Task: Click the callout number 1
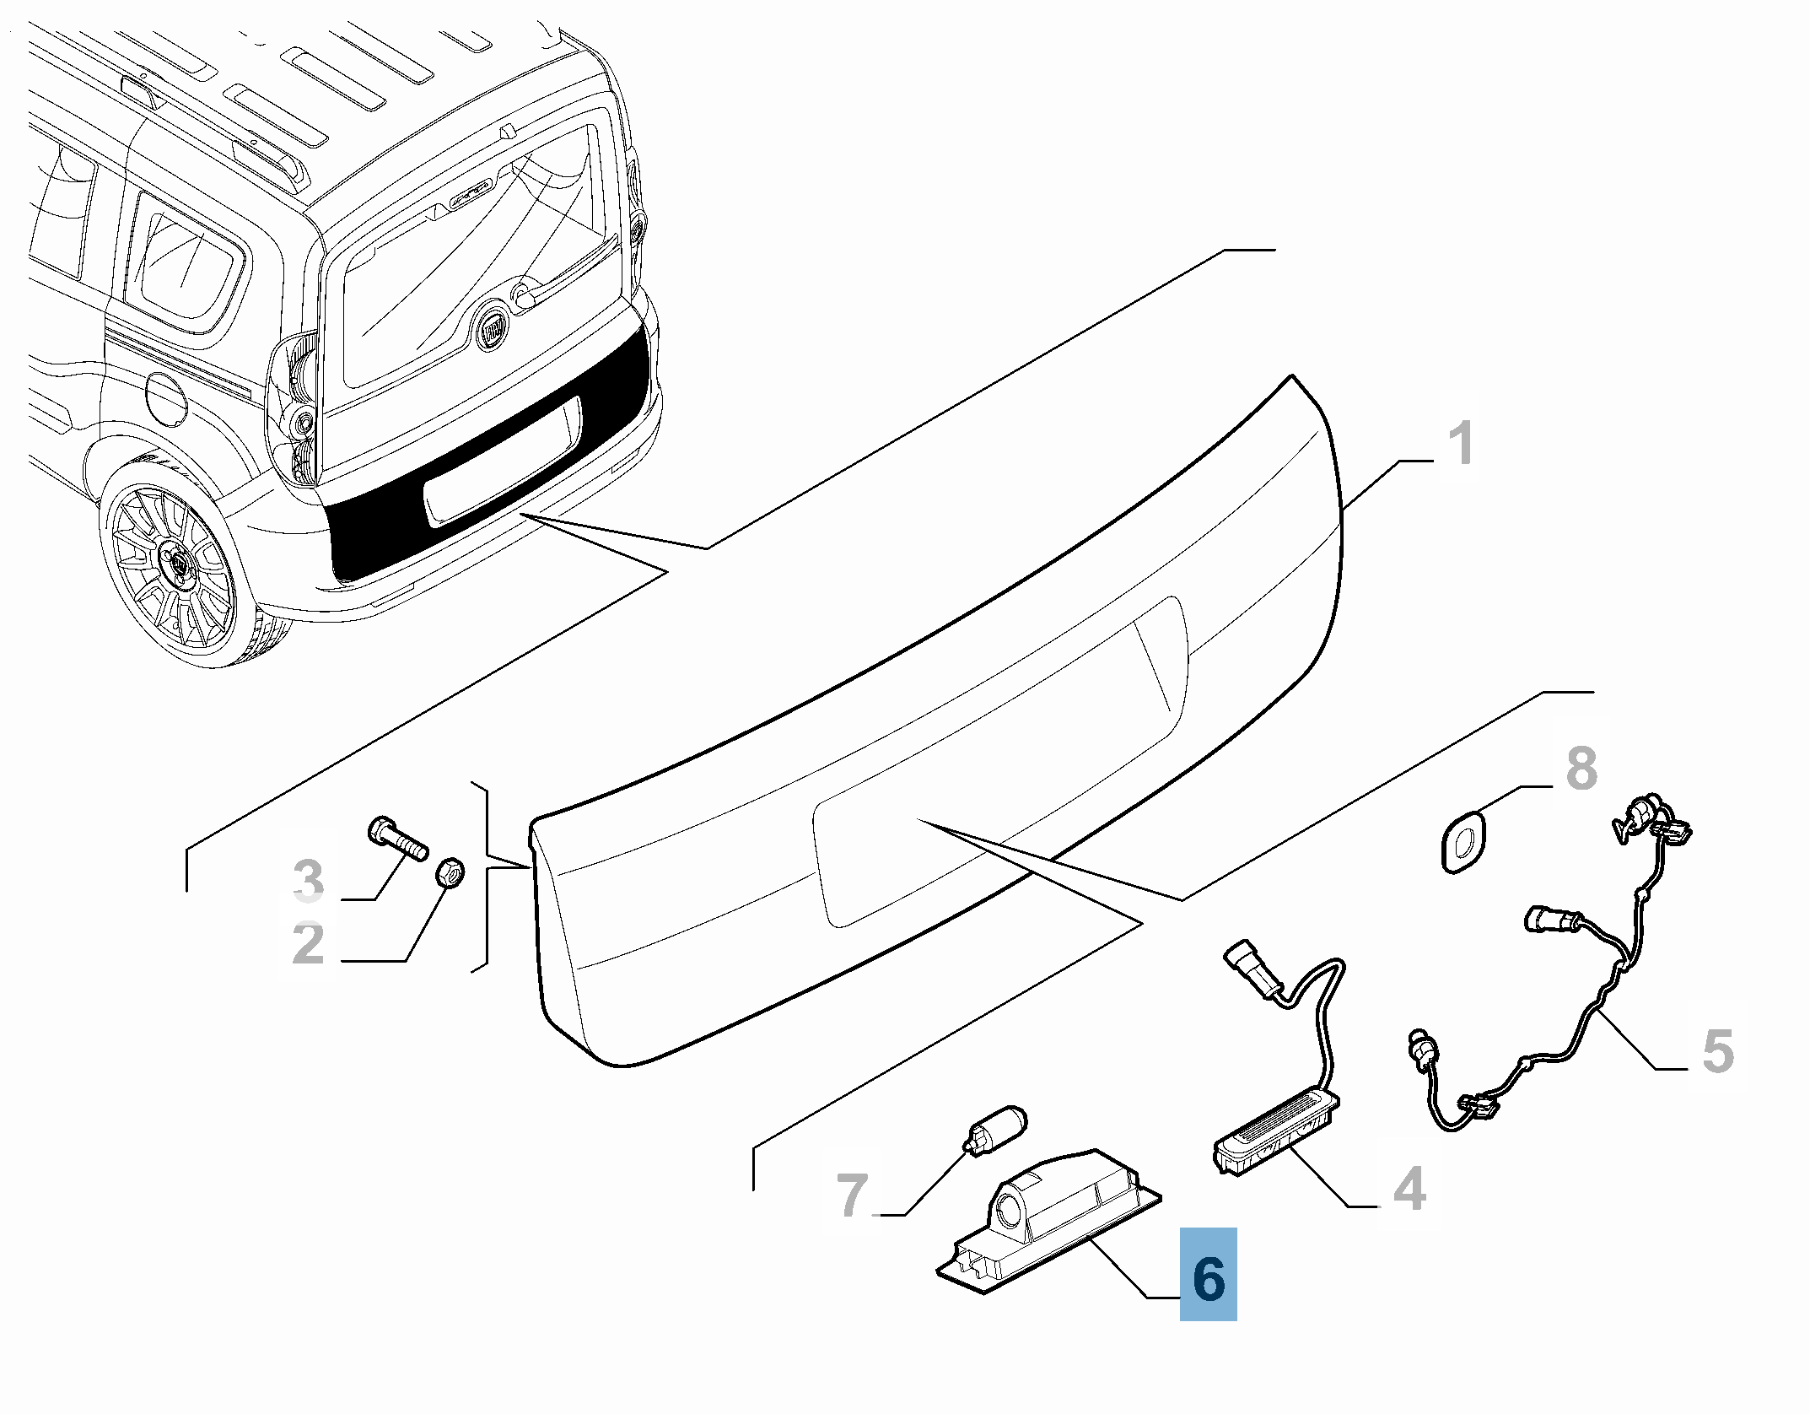pyautogui.click(x=1460, y=444)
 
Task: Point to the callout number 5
pyautogui.click(x=1718, y=1051)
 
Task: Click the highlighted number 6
pyautogui.click(x=1208, y=1279)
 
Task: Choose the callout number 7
pyautogui.click(x=853, y=1195)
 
